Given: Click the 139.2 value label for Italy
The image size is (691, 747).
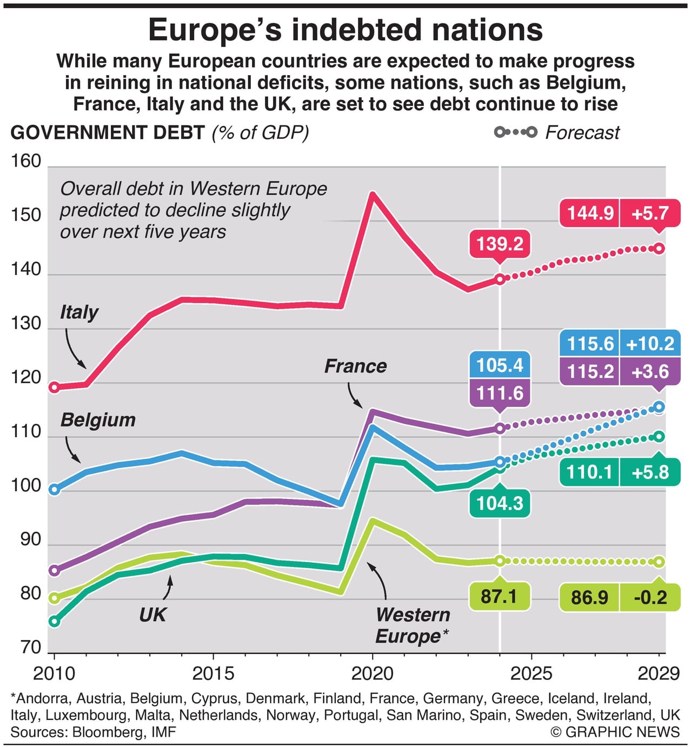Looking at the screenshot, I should point(500,244).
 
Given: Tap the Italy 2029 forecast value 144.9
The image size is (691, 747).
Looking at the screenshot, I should point(590,213).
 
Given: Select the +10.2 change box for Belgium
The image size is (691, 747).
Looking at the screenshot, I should point(650,344).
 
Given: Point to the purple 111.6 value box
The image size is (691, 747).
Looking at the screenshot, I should point(500,393).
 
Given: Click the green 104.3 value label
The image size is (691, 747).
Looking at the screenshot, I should point(500,503).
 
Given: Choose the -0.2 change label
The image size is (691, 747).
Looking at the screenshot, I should point(650,598).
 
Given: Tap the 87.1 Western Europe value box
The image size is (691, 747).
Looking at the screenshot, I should point(499,597).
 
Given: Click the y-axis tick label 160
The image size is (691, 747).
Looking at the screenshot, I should point(26,161).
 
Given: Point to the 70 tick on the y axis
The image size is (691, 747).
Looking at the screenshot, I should point(31,647).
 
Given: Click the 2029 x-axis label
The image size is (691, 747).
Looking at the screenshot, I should point(658,674).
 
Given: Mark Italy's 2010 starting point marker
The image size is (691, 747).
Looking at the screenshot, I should point(54,387).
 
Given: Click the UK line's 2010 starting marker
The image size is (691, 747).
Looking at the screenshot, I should point(54,622).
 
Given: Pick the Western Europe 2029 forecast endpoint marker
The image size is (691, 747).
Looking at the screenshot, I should point(659,562).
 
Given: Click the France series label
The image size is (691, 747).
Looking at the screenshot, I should point(355,366).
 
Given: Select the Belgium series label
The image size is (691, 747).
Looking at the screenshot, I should point(98,420).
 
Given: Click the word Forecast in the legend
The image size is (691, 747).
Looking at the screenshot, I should point(582,133).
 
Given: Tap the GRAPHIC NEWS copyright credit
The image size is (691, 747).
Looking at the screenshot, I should point(615,732).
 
